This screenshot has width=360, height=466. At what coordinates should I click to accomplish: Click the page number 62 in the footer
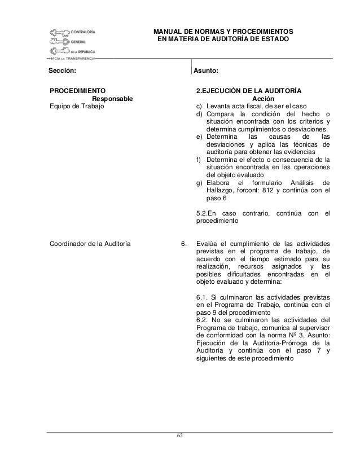(179, 436)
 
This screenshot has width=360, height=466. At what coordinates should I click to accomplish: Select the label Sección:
(62, 71)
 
